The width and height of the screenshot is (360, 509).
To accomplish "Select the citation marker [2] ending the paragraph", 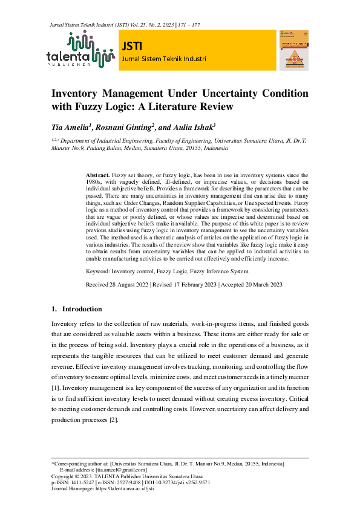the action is pos(114,420).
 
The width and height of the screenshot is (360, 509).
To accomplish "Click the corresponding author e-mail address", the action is pos(121,470).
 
